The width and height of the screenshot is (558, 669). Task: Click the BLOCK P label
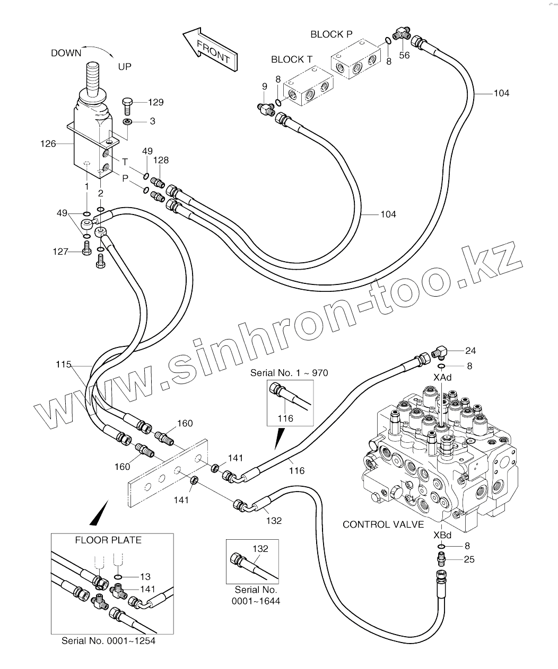coord(331,34)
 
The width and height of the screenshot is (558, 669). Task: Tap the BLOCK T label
coord(291,59)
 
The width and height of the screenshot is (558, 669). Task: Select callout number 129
coord(156,102)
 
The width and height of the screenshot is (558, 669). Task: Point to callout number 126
coord(48,144)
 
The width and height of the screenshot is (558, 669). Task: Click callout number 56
coord(404,55)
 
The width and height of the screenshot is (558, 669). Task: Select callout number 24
coord(470,351)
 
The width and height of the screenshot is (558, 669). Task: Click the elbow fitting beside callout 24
coord(440,351)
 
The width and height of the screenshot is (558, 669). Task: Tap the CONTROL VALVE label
coord(383,524)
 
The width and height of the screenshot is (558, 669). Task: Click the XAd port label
coord(442,378)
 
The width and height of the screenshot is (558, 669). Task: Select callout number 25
coord(469,559)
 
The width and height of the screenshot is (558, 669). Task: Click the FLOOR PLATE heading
coord(108,540)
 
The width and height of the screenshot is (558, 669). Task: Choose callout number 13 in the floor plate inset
coord(145,577)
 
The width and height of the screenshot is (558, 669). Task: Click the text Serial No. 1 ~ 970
coord(289,373)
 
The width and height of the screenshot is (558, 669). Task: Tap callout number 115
coord(63,365)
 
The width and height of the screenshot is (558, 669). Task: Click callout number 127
coord(60,252)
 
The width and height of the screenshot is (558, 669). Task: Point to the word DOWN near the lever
coord(66,53)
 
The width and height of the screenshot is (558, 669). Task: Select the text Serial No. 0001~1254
coord(109,640)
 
